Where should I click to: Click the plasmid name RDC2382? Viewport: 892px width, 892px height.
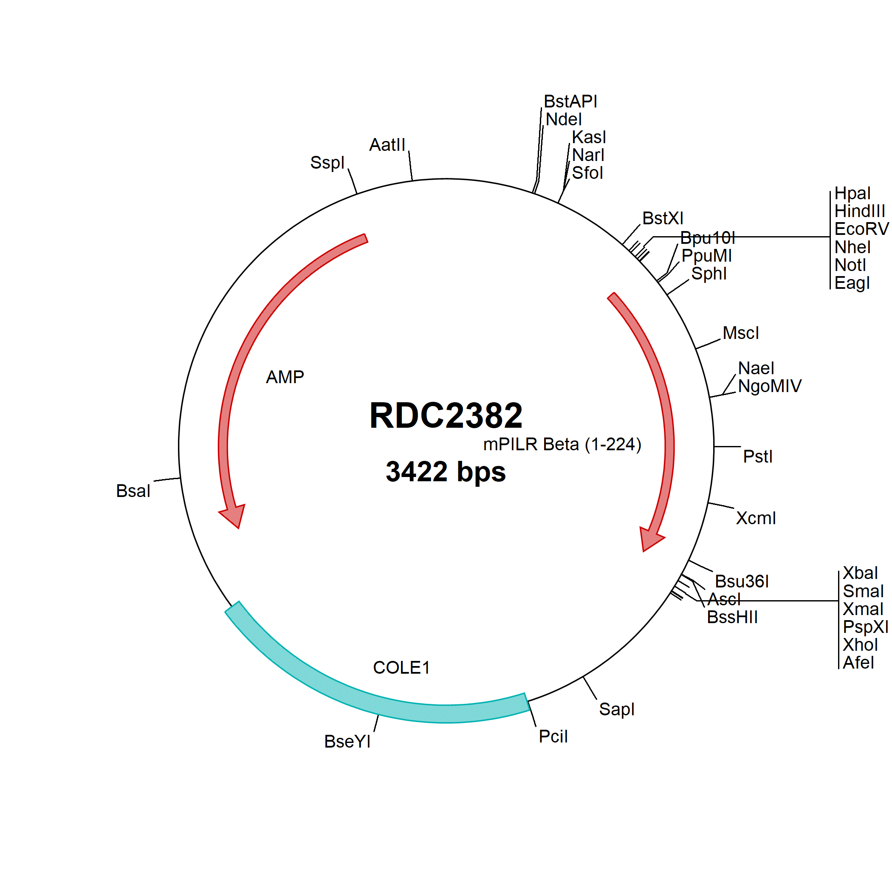pos(446,415)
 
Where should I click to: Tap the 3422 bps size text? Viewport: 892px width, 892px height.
pos(446,472)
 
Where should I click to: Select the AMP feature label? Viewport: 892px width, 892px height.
pos(285,377)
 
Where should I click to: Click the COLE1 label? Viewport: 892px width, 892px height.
pos(401,668)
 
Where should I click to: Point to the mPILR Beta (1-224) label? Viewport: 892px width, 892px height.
pos(562,444)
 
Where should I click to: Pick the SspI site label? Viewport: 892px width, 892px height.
pos(327,163)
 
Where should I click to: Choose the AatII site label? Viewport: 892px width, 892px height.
pos(387,145)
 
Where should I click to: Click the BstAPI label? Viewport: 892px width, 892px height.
pos(570,102)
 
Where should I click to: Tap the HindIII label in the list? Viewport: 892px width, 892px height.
pos(860,212)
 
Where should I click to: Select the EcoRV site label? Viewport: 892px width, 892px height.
pos(861,229)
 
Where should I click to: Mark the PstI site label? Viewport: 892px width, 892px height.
pos(758,457)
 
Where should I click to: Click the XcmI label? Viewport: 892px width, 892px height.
pos(756,519)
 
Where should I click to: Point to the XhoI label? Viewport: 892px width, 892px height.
pos(860,644)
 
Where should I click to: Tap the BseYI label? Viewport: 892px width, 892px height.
pos(347,742)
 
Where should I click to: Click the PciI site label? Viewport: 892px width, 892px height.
pos(553,737)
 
